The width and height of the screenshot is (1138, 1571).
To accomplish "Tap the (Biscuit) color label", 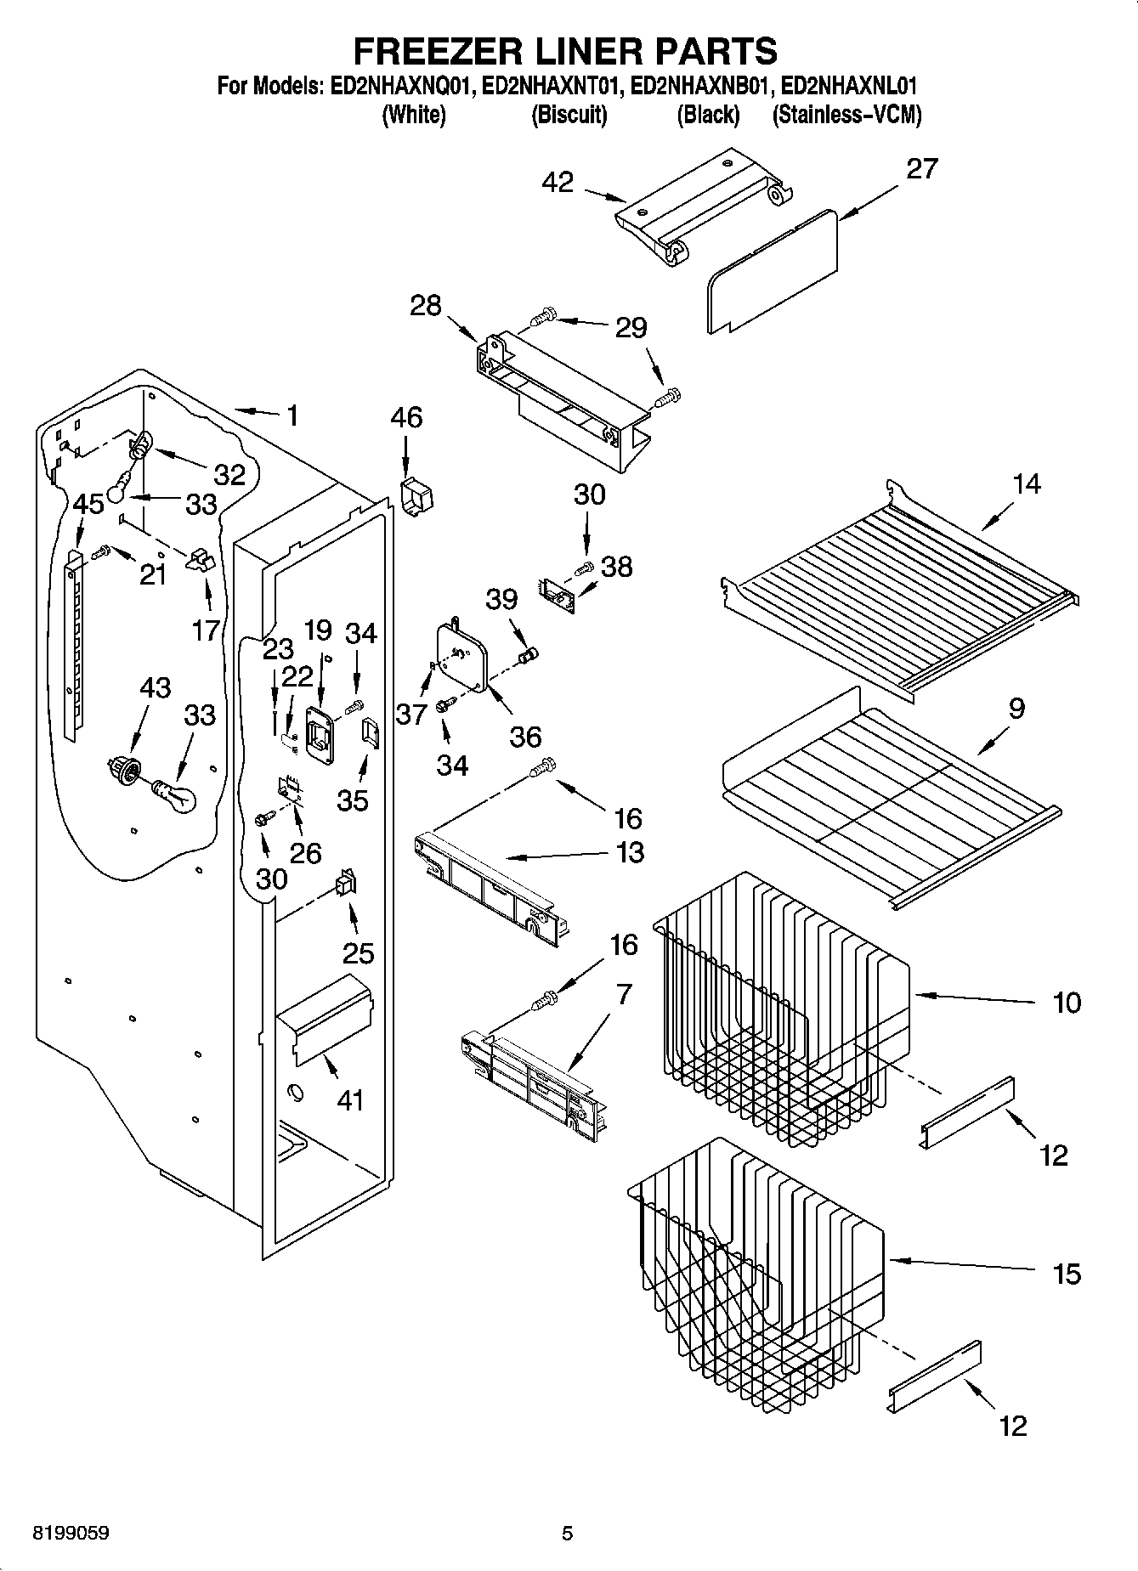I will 569,115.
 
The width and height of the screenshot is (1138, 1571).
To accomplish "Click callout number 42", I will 558,182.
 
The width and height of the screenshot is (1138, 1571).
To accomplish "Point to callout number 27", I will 921,168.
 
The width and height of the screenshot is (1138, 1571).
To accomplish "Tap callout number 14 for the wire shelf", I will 1026,484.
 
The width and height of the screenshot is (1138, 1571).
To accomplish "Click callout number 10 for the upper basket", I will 1067,1003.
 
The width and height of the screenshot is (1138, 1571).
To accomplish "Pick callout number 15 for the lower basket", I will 1067,1274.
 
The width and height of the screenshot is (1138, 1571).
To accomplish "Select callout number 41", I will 350,1100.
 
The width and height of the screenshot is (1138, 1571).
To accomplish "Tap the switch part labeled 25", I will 346,885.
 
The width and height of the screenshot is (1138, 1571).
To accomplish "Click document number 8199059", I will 71,1534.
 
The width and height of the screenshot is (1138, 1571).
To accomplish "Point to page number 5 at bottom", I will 567,1534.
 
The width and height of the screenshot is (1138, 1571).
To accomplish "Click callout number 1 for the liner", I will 292,415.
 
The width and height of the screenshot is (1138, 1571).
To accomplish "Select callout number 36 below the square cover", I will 525,736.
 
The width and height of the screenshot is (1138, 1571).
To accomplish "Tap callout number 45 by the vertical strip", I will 88,504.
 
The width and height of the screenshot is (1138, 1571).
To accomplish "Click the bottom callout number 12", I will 1013,1425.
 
